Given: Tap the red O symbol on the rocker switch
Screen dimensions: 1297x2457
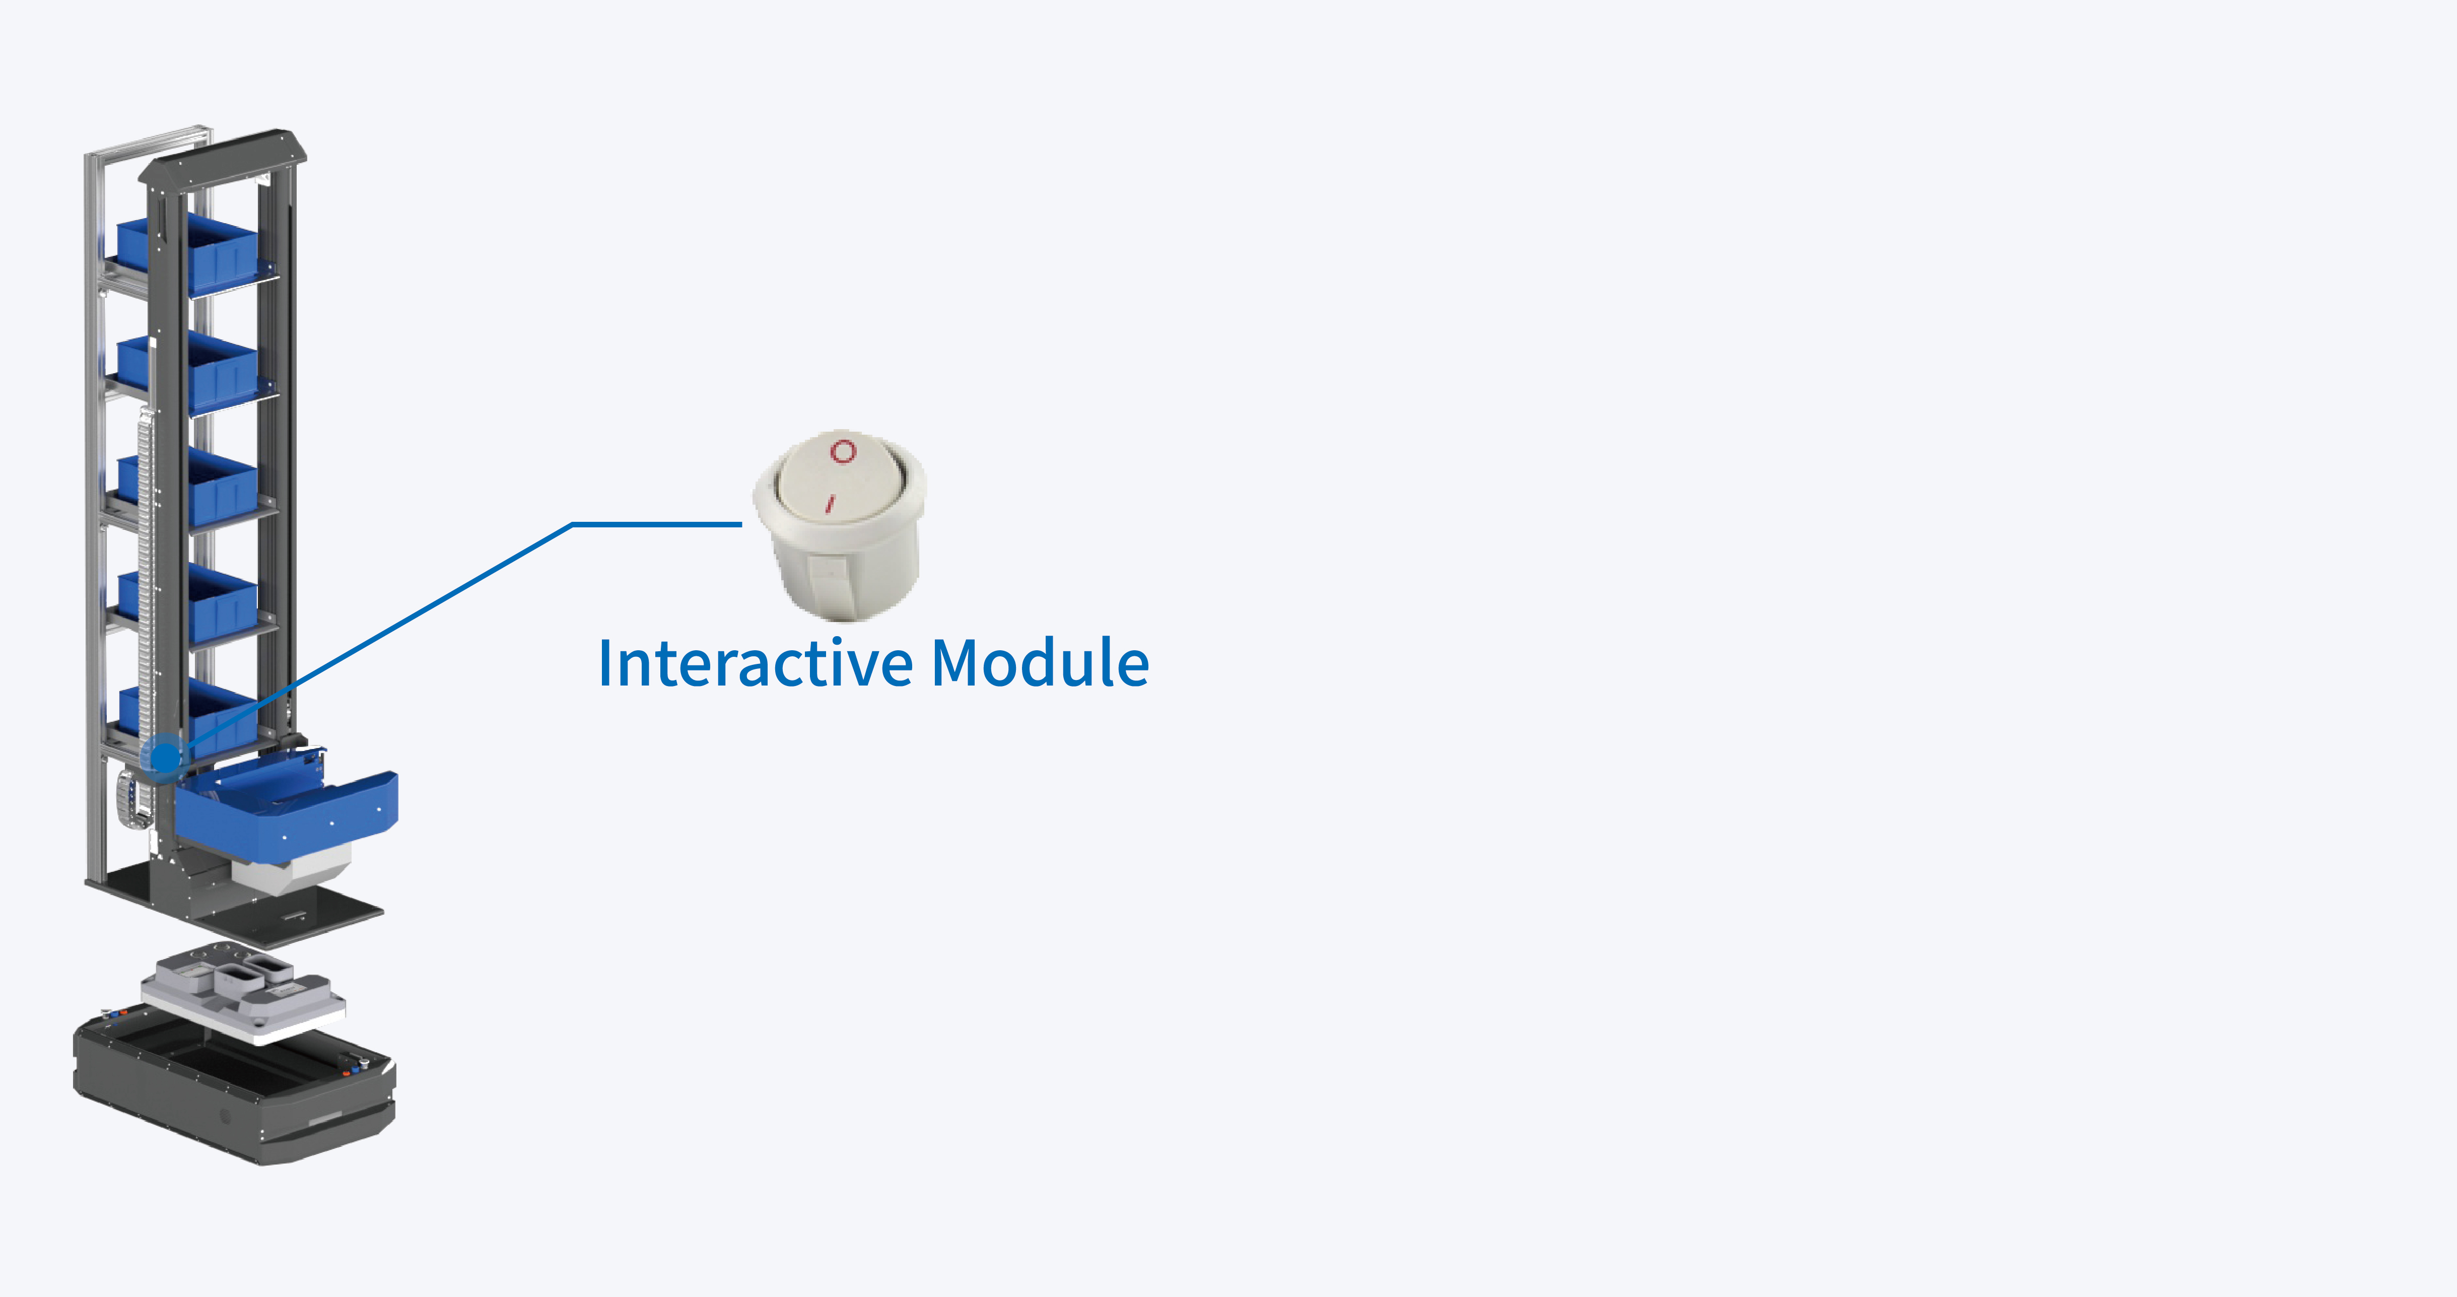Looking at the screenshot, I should point(843,450).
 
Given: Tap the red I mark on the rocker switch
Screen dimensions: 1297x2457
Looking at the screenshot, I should point(830,503).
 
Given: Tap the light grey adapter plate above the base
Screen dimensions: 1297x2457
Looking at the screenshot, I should point(243,997).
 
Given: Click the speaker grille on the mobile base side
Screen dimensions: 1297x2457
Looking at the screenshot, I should point(226,1116).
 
